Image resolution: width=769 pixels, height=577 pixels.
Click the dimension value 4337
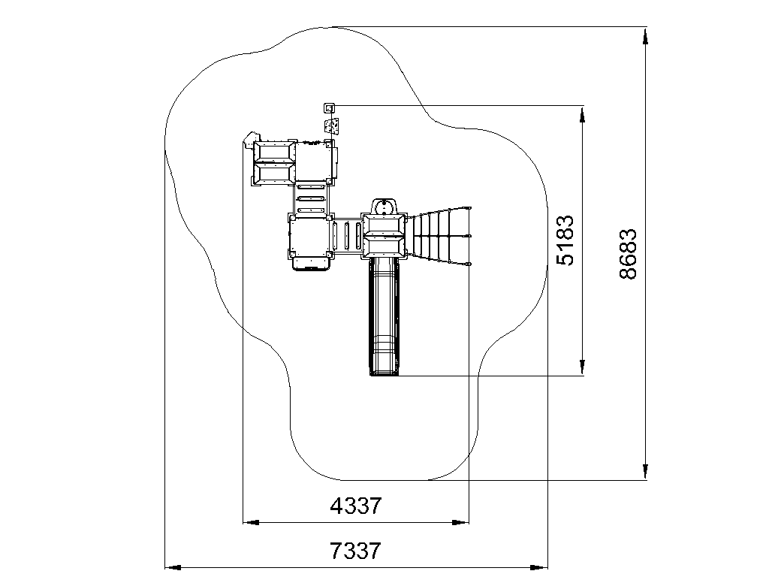pos(355,506)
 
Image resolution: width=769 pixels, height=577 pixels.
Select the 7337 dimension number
pos(355,551)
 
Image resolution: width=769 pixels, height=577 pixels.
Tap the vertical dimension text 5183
pos(565,240)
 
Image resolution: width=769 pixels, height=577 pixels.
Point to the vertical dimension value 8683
pos(628,254)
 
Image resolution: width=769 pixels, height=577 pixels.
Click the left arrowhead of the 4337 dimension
pos(251,523)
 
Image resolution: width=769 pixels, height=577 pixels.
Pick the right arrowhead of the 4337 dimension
pos(461,523)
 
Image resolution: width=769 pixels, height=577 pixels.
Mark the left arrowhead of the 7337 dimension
pos(173,568)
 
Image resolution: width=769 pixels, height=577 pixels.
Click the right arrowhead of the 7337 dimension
pos(539,568)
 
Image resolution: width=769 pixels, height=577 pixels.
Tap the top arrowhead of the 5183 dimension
pos(582,114)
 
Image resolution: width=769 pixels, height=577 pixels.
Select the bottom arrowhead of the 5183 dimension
pos(582,367)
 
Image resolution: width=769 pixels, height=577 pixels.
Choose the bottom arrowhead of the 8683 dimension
pos(645,471)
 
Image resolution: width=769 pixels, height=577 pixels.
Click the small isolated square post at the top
pos(329,107)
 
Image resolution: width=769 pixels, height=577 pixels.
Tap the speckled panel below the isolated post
pos(332,126)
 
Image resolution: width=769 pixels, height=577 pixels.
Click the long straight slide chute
pos(384,316)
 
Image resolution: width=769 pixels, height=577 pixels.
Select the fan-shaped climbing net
pos(439,236)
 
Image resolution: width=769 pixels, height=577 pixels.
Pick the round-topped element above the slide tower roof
pos(384,206)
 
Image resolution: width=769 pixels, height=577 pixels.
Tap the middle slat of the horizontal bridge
pos(347,236)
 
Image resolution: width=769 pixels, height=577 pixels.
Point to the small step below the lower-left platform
pos(310,264)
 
